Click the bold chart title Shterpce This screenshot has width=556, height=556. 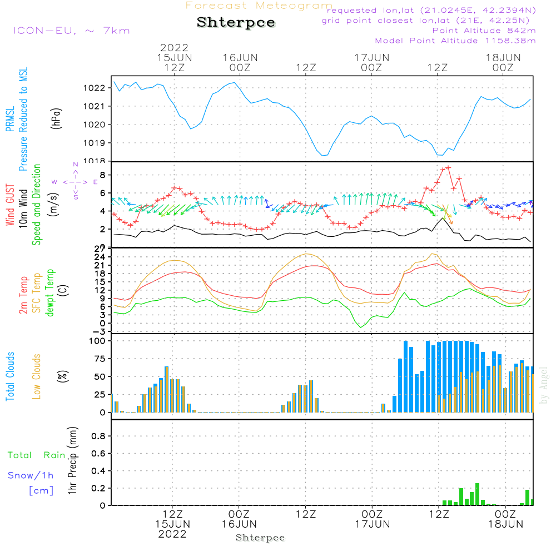click(x=236, y=22)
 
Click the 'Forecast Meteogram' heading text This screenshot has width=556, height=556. click(x=259, y=6)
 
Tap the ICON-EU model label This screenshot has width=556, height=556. click(x=71, y=30)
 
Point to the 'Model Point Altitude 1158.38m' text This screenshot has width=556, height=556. click(x=455, y=41)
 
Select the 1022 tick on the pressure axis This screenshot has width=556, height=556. click(x=96, y=88)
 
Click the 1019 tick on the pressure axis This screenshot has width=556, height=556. click(x=96, y=143)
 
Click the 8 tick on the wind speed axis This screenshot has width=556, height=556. click(x=102, y=175)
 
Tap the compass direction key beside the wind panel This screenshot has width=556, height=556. click(x=75, y=182)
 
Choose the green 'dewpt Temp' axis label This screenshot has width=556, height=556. click(x=51, y=293)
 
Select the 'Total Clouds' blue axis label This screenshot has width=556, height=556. click(x=11, y=376)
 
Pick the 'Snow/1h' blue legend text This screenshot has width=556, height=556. click(x=31, y=475)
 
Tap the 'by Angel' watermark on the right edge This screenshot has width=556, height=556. click(x=544, y=385)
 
